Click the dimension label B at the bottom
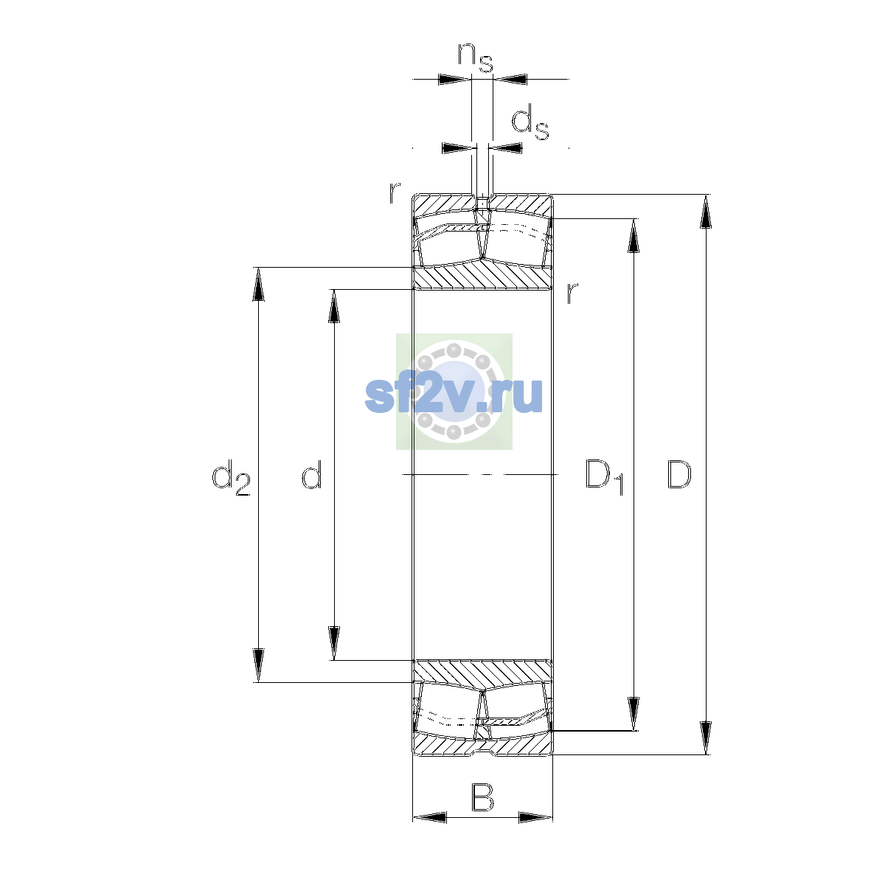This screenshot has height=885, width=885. point(482,797)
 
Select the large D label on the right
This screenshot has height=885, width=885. point(678,474)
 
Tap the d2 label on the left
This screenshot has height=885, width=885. point(231,477)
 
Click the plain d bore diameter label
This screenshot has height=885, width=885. point(312,474)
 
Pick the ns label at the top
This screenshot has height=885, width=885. point(476,58)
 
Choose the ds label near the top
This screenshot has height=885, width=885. point(530,122)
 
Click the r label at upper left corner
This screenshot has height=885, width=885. point(395,193)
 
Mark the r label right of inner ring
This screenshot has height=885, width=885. point(572,293)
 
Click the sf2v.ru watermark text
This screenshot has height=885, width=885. point(454,395)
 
